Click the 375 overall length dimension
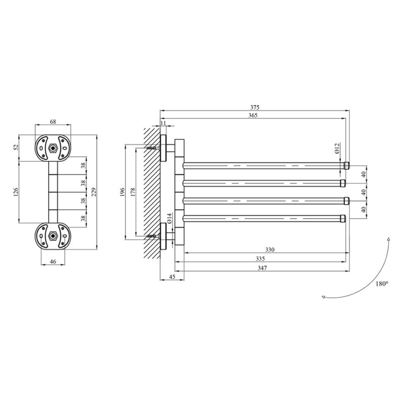click(x=255, y=107)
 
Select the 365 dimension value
click(x=253, y=115)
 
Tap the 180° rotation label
click(x=382, y=284)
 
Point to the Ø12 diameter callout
click(x=338, y=148)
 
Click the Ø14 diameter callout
click(x=169, y=218)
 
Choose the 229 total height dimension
click(x=94, y=192)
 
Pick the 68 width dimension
click(x=53, y=121)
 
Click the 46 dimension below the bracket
click(x=53, y=262)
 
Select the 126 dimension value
click(x=16, y=192)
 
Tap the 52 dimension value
click(x=16, y=147)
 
